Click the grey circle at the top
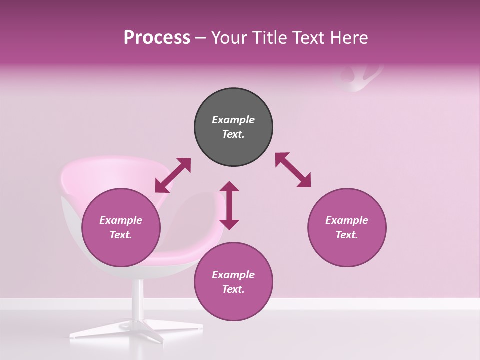pyautogui.click(x=233, y=127)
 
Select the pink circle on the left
pyautogui.click(x=121, y=228)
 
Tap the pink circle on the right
pyautogui.click(x=347, y=228)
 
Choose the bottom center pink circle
pyautogui.click(x=233, y=282)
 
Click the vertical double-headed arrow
pyautogui.click(x=229, y=205)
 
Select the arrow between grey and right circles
pyautogui.click(x=293, y=170)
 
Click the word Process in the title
pyautogui.click(x=157, y=38)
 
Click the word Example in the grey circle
pyautogui.click(x=233, y=120)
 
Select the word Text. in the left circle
pyautogui.click(x=121, y=235)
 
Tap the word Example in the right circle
pyautogui.click(x=347, y=220)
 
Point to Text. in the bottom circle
pyautogui.click(x=233, y=289)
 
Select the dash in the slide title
pyautogui.click(x=201, y=38)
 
